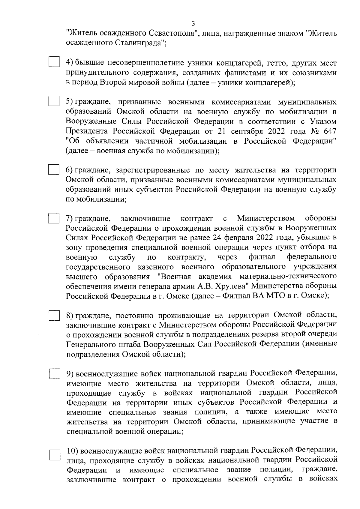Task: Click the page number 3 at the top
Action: point(193,24)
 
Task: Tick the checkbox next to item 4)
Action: point(54,62)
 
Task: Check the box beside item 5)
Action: point(54,101)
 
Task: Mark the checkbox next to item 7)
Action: point(54,218)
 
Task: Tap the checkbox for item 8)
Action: point(54,316)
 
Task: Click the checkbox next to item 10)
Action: point(55,455)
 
